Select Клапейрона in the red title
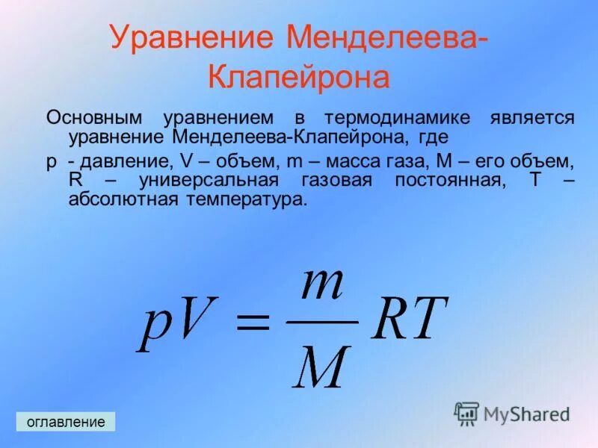298,78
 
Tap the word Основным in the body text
95,118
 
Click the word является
532,118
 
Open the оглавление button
66,422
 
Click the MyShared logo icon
466,413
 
